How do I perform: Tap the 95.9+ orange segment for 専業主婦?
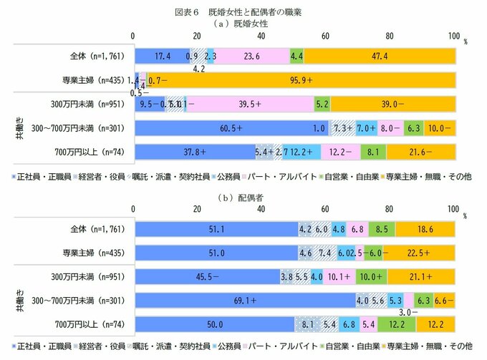pos(302,80)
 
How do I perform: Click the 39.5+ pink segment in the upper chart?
pos(249,104)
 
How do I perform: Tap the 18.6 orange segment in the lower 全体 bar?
pos(424,228)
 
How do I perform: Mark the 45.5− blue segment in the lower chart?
pos(206,276)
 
